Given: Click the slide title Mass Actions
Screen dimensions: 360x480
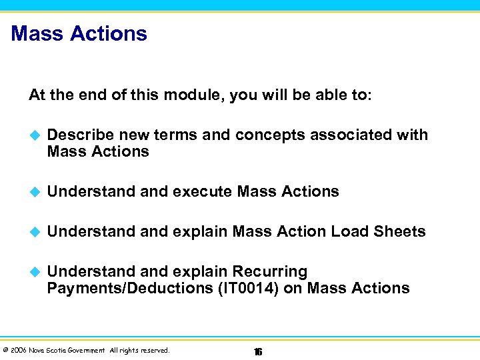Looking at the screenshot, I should pyautogui.click(x=79, y=33).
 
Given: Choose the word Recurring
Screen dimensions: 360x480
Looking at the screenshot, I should pyautogui.click(x=269, y=272).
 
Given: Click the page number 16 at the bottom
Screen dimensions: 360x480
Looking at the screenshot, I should pyautogui.click(x=257, y=351).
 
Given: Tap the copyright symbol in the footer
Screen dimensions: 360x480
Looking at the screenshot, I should pyautogui.click(x=5, y=351).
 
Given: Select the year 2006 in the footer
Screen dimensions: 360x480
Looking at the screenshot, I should pyautogui.click(x=17, y=351).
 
